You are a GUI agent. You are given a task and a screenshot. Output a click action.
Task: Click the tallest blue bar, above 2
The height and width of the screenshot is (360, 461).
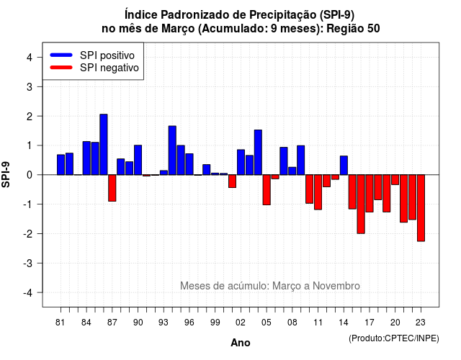pyautogui.click(x=104, y=144)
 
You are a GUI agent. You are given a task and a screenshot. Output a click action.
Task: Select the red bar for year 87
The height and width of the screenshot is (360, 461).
pyautogui.click(x=112, y=188)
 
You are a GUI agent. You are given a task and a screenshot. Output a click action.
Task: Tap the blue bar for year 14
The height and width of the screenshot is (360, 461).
pyautogui.click(x=344, y=166)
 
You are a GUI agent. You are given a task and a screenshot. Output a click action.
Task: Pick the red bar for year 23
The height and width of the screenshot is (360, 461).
pyautogui.click(x=421, y=208)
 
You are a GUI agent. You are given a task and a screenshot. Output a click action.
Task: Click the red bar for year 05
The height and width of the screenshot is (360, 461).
pyautogui.click(x=267, y=190)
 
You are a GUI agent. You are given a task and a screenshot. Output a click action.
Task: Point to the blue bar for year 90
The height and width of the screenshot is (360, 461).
pyautogui.click(x=138, y=160)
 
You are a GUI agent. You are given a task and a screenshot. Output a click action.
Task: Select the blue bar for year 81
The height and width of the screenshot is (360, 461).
pyautogui.click(x=61, y=165)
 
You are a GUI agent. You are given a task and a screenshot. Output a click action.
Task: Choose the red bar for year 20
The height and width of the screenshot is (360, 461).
pyautogui.click(x=395, y=180)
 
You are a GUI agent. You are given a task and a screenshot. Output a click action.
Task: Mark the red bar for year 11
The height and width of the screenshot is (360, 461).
pyautogui.click(x=318, y=192)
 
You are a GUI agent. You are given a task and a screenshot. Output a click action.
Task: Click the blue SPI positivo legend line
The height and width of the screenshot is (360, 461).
pyautogui.click(x=61, y=55)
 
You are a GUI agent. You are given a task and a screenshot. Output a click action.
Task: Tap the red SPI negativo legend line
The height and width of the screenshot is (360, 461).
pyautogui.click(x=61, y=68)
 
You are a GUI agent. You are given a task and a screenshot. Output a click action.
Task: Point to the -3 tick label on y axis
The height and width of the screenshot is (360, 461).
pyautogui.click(x=29, y=264)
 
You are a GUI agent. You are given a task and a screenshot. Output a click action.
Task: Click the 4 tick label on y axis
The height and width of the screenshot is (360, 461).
pyautogui.click(x=30, y=58)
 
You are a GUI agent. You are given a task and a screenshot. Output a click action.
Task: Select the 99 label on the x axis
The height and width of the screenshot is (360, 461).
pyautogui.click(x=215, y=323)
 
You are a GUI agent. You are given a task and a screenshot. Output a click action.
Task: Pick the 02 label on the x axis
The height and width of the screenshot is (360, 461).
pyautogui.click(x=241, y=323)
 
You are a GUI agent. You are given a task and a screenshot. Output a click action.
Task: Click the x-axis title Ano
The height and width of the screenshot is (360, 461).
pyautogui.click(x=241, y=343)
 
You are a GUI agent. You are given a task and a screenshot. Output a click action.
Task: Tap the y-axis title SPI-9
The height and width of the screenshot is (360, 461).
pyautogui.click(x=6, y=174)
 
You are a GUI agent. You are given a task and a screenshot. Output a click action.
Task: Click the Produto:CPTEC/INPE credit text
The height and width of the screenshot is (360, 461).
pyautogui.click(x=394, y=338)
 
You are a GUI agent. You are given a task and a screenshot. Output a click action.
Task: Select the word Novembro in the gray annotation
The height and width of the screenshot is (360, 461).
pyautogui.click(x=336, y=286)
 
